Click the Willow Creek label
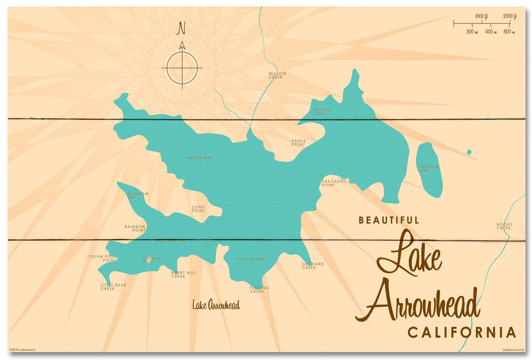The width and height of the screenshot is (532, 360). [277, 75]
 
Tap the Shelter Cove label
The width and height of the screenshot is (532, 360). [322, 111]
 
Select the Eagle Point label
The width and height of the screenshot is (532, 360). [299, 143]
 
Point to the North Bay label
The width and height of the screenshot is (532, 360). [199, 158]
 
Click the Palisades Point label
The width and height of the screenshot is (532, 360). [333, 183]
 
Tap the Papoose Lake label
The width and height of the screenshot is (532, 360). [429, 168]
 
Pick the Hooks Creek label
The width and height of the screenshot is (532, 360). [504, 226]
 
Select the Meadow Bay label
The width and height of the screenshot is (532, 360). [138, 196]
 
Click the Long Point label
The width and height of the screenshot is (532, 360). [199, 209]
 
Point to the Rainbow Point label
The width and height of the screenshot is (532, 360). [135, 228]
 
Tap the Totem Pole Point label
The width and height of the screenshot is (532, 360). [102, 258]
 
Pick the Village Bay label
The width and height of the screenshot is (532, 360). [250, 260]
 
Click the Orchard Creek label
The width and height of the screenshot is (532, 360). [313, 265]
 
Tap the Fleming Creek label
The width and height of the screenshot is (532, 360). [260, 289]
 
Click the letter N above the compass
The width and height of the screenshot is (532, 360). [182, 29]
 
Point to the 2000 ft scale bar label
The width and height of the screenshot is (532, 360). [509, 17]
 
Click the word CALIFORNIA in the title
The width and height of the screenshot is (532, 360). [462, 333]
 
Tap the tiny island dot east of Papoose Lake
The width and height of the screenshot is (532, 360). [468, 152]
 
